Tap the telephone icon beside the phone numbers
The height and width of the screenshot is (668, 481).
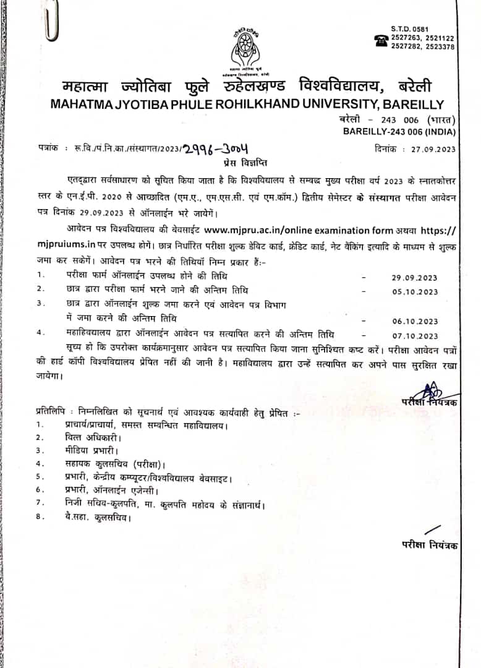381,39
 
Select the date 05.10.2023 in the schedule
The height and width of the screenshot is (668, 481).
415,291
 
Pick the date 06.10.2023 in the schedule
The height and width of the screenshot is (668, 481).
415,320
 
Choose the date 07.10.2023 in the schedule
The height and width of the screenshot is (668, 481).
415,335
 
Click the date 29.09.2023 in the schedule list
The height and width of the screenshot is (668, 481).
415,277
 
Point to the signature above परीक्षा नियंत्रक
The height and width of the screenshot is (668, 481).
430,391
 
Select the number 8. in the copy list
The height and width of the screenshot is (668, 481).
40,517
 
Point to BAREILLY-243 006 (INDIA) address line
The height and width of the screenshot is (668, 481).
399,131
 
